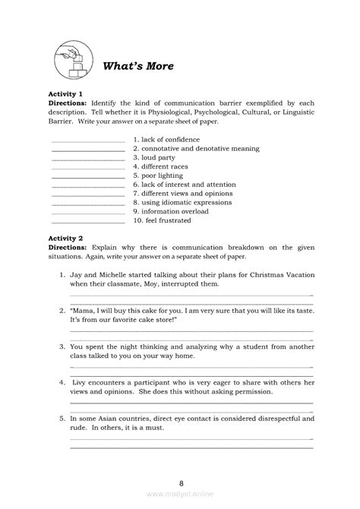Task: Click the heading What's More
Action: click(x=138, y=66)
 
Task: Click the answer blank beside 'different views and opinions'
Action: click(x=87, y=194)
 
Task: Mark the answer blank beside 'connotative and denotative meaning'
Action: click(x=87, y=150)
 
